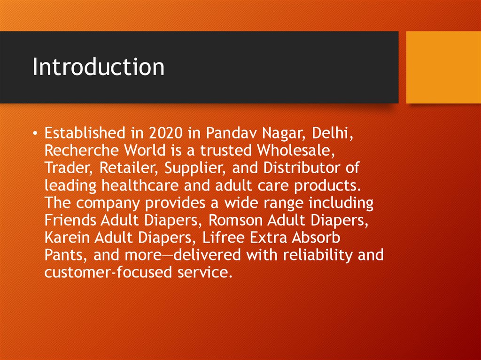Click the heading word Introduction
coord(99,67)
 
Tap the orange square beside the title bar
coord(443,67)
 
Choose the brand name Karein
coord(66,238)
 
